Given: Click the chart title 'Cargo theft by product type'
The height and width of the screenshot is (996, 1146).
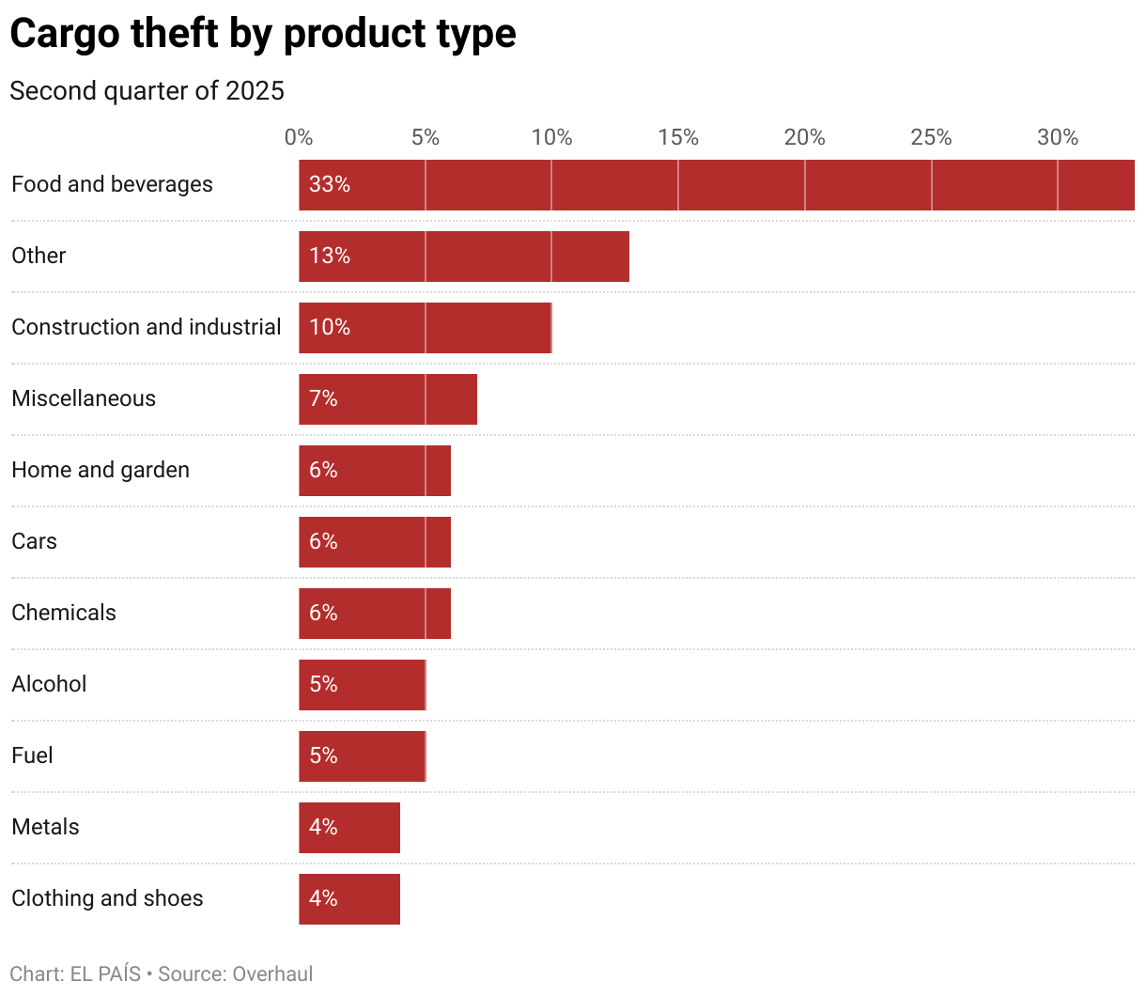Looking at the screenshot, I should [263, 34].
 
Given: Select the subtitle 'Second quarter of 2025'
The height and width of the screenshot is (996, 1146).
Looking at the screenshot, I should [147, 91].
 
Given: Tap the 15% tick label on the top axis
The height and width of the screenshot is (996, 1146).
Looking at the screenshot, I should [678, 138].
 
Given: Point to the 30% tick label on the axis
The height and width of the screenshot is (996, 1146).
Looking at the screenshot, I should [1058, 138].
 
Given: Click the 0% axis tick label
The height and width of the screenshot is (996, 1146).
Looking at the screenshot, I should [299, 138].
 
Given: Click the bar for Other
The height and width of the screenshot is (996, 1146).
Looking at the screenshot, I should [464, 257].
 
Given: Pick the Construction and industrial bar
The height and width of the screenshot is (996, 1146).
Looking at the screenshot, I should [426, 328].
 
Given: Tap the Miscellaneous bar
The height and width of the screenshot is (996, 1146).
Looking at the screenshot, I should [388, 399].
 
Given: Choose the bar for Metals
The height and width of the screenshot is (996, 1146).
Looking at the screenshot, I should [349, 828].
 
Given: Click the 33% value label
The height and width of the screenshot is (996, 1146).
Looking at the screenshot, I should [330, 185].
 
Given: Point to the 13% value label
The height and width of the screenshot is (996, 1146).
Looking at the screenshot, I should [330, 257].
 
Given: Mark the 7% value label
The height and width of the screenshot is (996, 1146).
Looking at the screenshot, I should [323, 399].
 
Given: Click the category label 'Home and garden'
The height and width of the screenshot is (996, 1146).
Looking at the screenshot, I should [101, 470].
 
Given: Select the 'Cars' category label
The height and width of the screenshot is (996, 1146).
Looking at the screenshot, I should [35, 541].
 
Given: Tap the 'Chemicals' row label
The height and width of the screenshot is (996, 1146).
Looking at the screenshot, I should [64, 613].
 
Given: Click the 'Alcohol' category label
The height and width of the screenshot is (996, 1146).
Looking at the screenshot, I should [49, 684].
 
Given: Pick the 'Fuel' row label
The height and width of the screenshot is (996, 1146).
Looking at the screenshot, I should [32, 755].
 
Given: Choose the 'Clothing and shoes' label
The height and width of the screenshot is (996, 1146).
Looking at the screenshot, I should [107, 898].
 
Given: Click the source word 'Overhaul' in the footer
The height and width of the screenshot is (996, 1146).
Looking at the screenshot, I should [272, 973].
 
